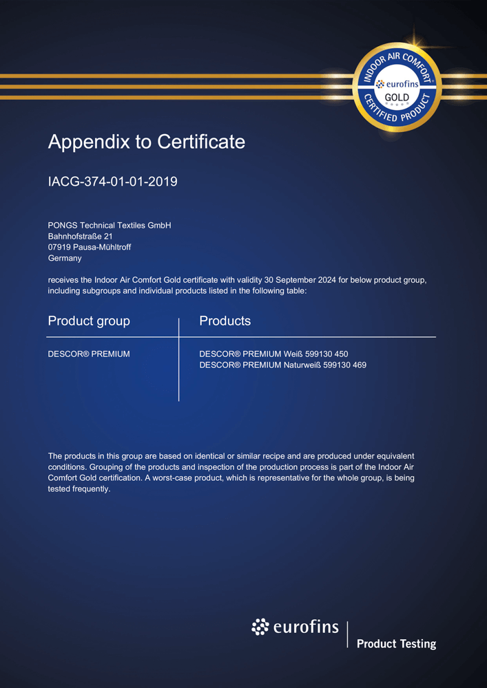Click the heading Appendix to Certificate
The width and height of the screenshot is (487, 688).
click(146, 142)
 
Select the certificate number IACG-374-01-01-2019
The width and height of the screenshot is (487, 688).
click(113, 182)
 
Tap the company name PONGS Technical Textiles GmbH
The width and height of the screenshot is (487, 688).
click(110, 225)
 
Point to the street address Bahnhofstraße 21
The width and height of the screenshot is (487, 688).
click(81, 236)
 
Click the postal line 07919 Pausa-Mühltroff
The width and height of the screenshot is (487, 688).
click(90, 247)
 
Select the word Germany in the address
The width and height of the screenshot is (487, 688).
click(65, 258)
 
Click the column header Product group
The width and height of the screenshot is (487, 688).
click(89, 321)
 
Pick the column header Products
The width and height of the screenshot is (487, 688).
click(225, 321)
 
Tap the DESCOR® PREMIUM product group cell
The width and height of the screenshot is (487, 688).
click(89, 354)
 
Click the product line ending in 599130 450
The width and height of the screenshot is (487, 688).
click(278, 354)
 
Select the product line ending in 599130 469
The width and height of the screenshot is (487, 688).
click(282, 365)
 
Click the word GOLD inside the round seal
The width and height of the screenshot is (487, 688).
click(397, 97)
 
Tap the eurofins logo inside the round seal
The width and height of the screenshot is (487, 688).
click(397, 83)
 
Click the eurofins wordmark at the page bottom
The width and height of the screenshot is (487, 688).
click(307, 627)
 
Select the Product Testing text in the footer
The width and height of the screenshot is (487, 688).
click(396, 644)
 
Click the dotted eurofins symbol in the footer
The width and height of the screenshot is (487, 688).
click(260, 627)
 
